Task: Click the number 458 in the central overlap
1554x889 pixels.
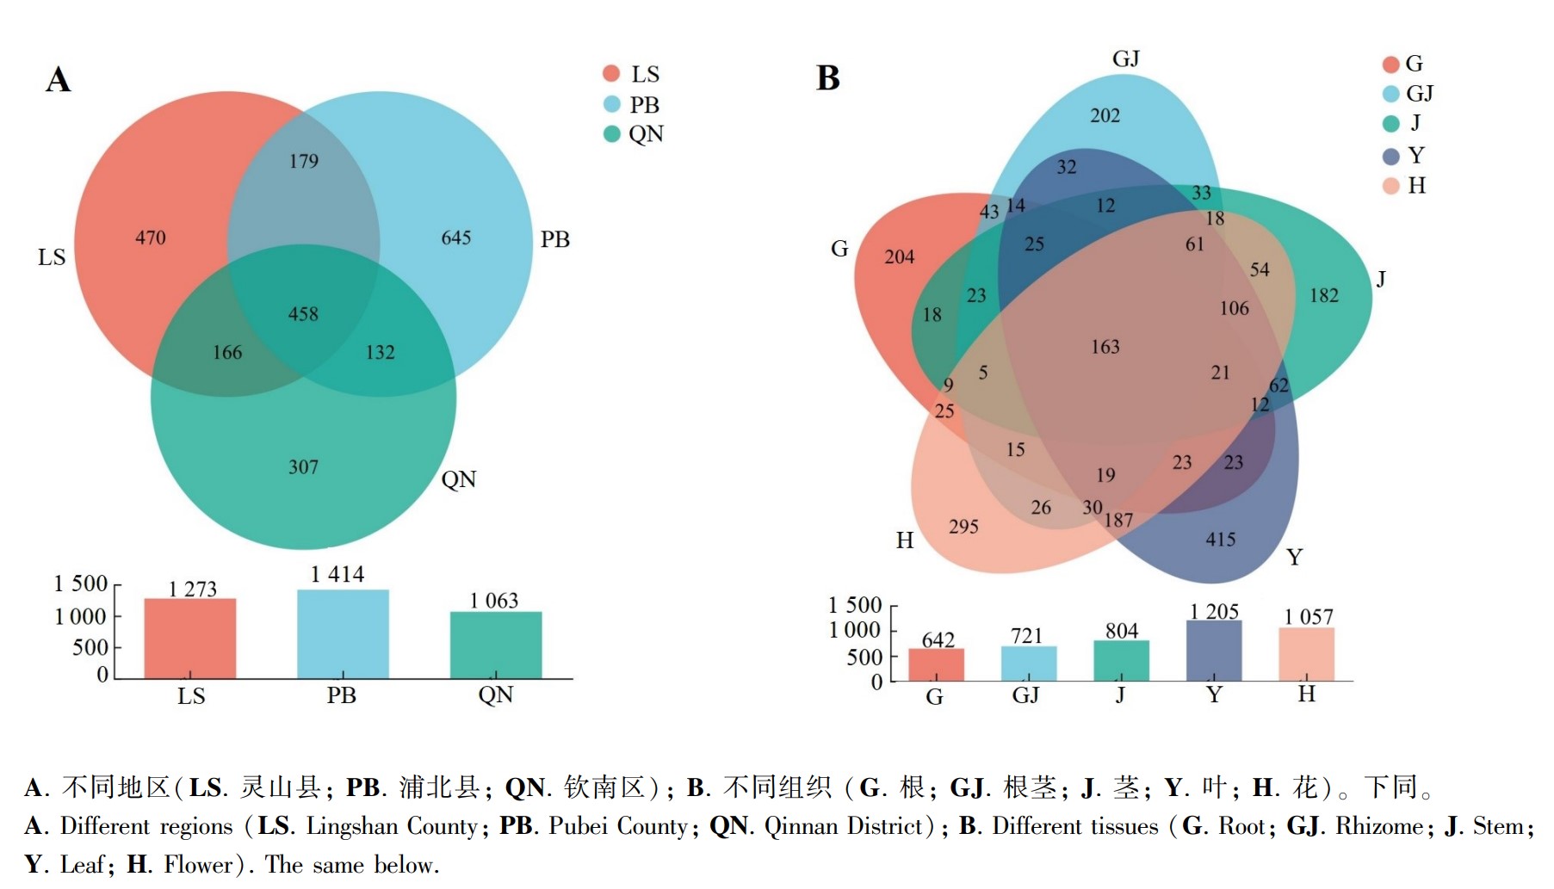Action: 303,314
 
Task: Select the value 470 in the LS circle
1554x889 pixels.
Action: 151,238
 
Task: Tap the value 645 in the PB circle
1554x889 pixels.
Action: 456,238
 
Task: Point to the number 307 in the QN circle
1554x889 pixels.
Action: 303,466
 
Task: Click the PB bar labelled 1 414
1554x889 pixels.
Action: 343,634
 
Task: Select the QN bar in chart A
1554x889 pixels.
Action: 496,645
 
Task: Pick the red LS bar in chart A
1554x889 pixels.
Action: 190,639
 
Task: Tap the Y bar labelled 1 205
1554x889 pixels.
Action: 1214,651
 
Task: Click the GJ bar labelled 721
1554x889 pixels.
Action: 1029,664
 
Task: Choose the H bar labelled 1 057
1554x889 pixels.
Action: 1307,654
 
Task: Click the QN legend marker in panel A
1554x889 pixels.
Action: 612,133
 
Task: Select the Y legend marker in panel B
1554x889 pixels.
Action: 1391,156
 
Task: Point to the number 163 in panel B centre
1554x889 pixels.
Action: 1105,347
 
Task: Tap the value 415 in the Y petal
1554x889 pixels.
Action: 1221,540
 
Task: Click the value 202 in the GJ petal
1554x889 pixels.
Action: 1105,115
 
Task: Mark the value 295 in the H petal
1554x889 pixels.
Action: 963,527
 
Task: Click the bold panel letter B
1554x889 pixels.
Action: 828,78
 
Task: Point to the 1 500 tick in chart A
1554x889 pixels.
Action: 81,583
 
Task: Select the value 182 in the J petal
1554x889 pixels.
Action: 1324,295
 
